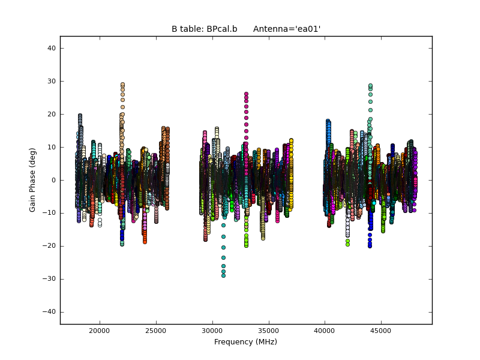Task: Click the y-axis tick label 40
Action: click(51, 48)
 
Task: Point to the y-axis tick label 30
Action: click(51, 81)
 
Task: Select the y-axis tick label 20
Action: click(51, 114)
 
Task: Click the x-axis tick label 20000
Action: click(100, 331)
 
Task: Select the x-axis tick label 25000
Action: click(156, 331)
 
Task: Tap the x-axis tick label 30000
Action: click(212, 331)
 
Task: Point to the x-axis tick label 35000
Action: click(269, 331)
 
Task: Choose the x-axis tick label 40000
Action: click(325, 331)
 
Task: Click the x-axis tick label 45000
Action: click(381, 331)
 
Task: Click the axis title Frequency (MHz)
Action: click(245, 342)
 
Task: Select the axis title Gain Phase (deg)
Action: click(34, 180)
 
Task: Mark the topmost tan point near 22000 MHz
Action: click(122, 85)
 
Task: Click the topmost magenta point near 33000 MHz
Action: click(246, 94)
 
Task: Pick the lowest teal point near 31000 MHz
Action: click(223, 275)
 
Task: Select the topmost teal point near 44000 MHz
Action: click(370, 86)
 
